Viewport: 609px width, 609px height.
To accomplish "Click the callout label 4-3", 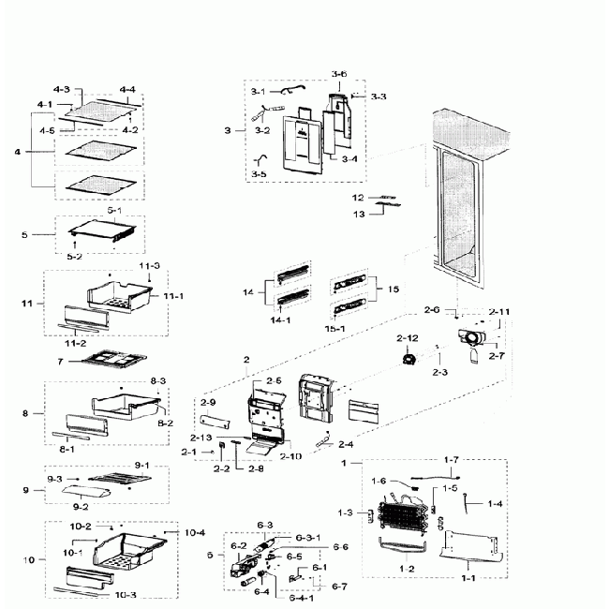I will tap(63, 89).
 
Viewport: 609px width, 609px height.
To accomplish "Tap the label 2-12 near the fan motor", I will tap(407, 337).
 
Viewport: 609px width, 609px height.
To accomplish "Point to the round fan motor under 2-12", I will tap(408, 359).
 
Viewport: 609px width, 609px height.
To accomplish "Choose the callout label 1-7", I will tap(452, 459).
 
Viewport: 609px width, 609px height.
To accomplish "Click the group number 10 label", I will tap(28, 559).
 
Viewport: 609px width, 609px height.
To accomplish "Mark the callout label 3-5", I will tap(260, 173).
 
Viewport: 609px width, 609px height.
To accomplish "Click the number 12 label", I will tap(357, 198).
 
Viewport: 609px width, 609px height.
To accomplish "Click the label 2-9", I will tap(208, 402).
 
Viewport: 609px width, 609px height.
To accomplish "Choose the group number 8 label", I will tap(28, 412).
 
